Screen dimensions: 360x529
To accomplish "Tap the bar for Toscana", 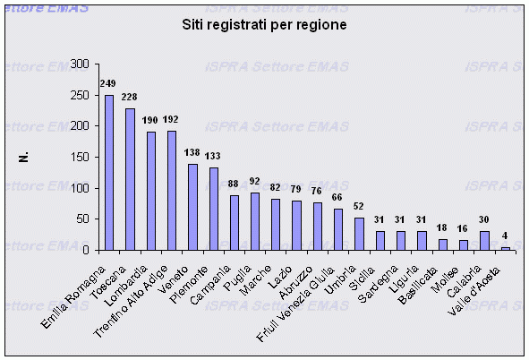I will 130,179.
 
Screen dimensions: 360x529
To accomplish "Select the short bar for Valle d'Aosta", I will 505,248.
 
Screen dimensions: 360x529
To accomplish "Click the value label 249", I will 108,83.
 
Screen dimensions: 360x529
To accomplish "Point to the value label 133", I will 214,155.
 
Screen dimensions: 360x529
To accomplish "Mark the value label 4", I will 505,236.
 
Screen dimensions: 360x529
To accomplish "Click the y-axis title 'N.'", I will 26,158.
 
